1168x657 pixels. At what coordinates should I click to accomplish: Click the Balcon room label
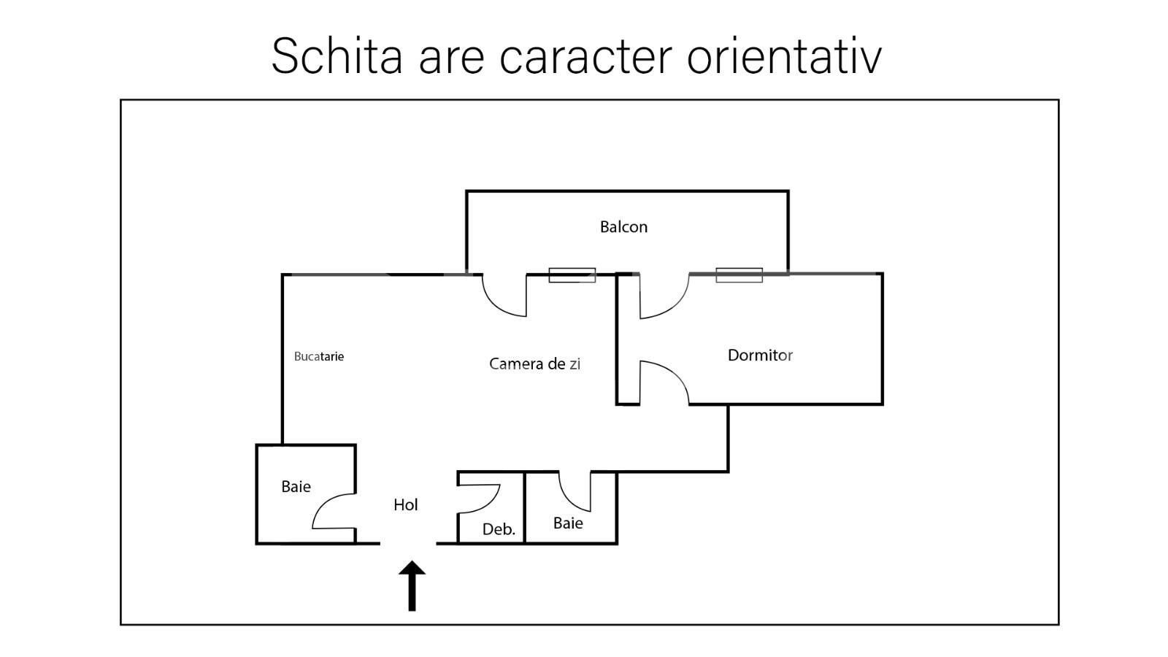coord(623,227)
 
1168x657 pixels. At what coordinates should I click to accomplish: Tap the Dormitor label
coord(760,356)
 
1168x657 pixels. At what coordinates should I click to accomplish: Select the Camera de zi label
coord(534,364)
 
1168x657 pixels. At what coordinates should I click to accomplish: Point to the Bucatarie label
coord(319,357)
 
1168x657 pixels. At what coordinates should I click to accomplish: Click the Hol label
coord(405,504)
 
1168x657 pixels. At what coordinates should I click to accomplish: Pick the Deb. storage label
coord(499,529)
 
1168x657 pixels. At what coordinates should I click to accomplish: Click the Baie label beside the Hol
coord(296,487)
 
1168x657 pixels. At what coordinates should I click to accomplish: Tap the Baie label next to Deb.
coord(568,523)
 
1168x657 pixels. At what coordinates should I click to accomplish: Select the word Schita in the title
coord(337,56)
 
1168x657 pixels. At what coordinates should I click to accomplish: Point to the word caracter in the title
coord(585,56)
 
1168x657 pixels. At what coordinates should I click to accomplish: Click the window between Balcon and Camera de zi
coord(572,275)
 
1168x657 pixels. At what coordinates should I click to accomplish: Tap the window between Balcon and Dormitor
coord(739,275)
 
